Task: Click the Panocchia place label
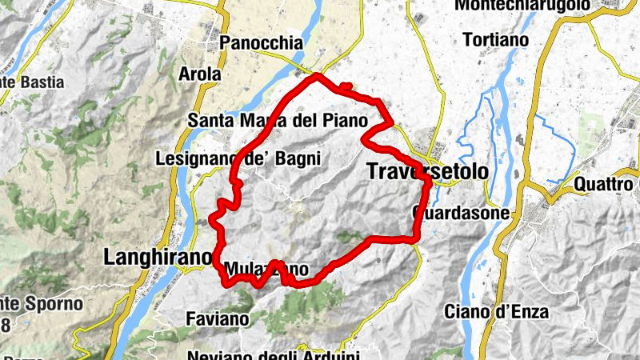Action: [x=262, y=43]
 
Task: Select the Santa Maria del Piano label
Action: [x=276, y=121]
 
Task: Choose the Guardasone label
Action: [x=460, y=214]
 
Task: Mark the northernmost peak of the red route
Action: [x=318, y=75]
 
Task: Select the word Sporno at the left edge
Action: [x=55, y=304]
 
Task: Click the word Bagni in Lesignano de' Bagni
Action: [x=298, y=158]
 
